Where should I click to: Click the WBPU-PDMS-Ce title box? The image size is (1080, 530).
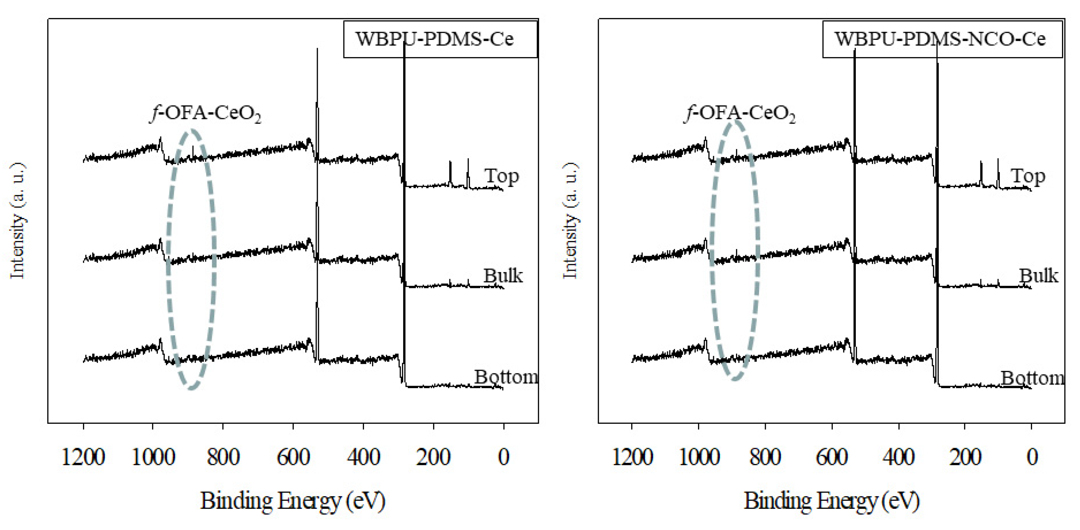[440, 39]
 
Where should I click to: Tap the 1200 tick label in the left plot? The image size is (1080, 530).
[83, 457]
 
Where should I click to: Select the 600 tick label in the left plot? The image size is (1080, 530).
[293, 457]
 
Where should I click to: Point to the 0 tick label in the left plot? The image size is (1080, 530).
[503, 457]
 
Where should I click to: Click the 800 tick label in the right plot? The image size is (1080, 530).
[765, 457]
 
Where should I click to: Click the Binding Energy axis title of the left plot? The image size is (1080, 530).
[293, 501]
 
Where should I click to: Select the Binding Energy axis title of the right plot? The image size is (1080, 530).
[831, 501]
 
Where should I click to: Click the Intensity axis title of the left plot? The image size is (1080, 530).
[18, 221]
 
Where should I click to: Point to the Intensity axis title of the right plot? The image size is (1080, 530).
[570, 221]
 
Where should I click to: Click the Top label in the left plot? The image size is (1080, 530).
[501, 176]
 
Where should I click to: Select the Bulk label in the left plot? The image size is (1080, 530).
[503, 276]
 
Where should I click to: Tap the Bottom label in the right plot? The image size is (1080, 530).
[1032, 378]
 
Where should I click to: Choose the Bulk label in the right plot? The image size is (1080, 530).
[1038, 276]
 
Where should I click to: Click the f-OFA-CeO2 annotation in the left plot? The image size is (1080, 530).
[205, 113]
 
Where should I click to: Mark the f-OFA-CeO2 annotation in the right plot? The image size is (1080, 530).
[740, 113]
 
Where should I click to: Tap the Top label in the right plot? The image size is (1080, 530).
[1028, 176]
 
